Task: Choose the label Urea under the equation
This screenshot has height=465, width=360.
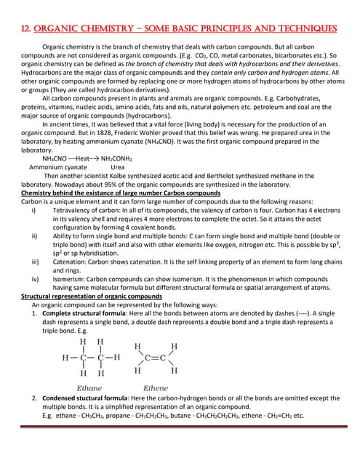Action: point(117,166)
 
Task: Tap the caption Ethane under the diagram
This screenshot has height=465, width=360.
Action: point(89,388)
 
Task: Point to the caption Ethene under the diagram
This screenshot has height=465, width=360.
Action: point(156,388)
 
